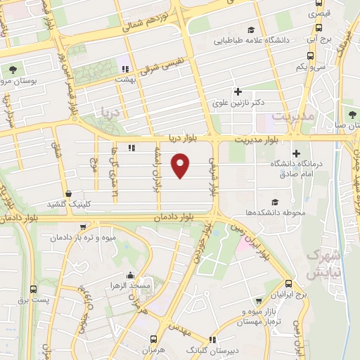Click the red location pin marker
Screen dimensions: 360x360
pyautogui.click(x=181, y=165)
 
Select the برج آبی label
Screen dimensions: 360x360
pyautogui.click(x=320, y=41)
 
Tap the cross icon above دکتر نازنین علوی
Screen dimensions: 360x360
pyautogui.click(x=238, y=91)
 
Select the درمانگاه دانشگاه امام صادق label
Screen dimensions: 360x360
pyautogui.click(x=295, y=167)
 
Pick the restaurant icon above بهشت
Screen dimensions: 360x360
pyautogui.click(x=125, y=69)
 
